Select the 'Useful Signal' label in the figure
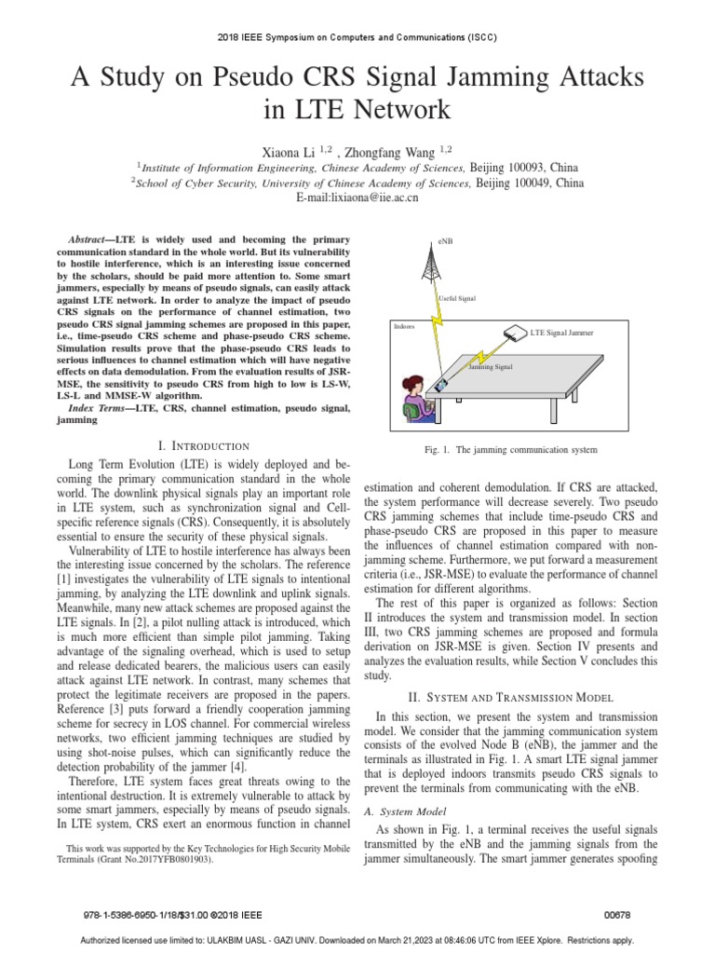457,298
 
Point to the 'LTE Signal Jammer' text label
561,333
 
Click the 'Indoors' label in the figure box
404,327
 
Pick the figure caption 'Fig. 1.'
437,450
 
